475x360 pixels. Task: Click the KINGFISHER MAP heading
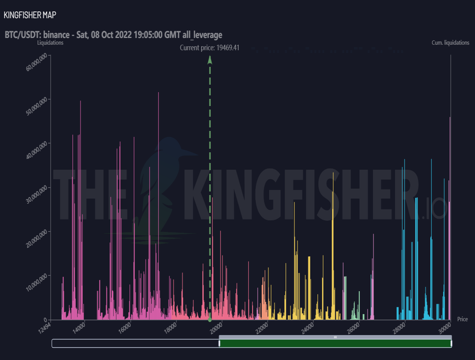click(x=30, y=15)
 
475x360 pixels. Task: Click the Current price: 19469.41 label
click(x=209, y=47)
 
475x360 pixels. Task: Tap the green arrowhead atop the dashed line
click(x=210, y=60)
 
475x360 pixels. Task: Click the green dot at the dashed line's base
click(x=210, y=320)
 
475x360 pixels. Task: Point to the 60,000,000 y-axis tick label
click(x=36, y=62)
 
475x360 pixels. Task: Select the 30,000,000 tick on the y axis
click(x=36, y=195)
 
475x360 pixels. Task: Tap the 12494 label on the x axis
click(x=44, y=328)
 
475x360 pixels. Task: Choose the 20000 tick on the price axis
click(x=216, y=328)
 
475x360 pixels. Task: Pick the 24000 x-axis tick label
click(x=307, y=328)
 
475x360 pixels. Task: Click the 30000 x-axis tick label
click(x=445, y=328)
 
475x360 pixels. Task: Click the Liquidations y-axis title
click(x=50, y=43)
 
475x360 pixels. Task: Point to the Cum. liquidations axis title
click(x=450, y=43)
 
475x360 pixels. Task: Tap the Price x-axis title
click(x=462, y=319)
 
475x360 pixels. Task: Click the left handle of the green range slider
click(x=219, y=343)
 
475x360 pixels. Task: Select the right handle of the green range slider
click(x=451, y=343)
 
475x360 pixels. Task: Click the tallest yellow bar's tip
click(x=333, y=173)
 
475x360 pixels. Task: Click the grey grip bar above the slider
click(x=335, y=337)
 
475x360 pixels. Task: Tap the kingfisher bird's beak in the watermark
click(x=190, y=153)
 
